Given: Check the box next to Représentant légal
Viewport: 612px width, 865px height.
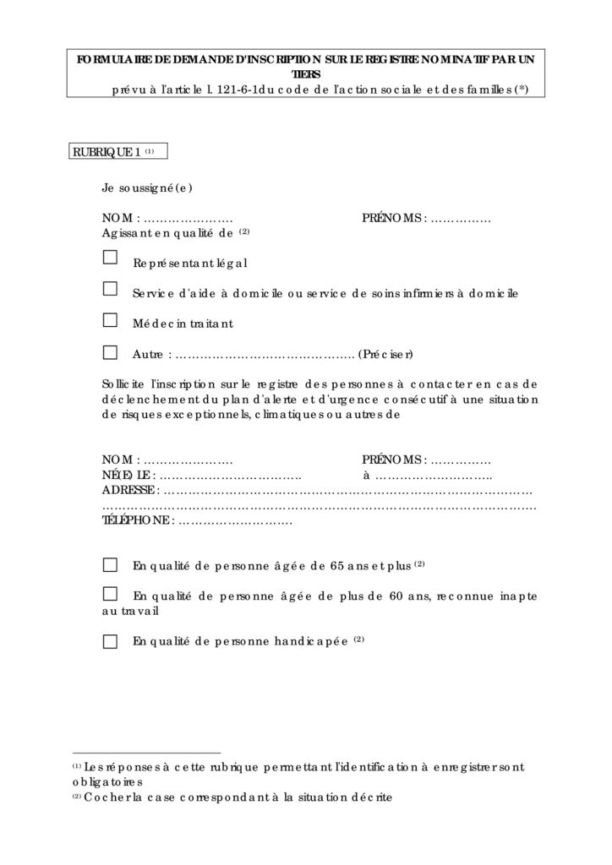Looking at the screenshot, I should click(x=110, y=258).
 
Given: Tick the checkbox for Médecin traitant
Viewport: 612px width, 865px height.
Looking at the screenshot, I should click(x=110, y=320).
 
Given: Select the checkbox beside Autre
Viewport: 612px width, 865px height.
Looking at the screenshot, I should click(x=110, y=351).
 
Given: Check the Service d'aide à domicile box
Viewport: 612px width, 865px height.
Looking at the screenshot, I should click(x=110, y=289).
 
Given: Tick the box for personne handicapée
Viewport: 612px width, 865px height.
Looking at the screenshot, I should click(x=110, y=641).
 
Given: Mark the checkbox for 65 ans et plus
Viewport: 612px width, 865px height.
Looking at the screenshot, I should click(x=110, y=565).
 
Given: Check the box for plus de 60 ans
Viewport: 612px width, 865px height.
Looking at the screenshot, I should click(x=110, y=593).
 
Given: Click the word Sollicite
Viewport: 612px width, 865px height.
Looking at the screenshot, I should click(x=123, y=384).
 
